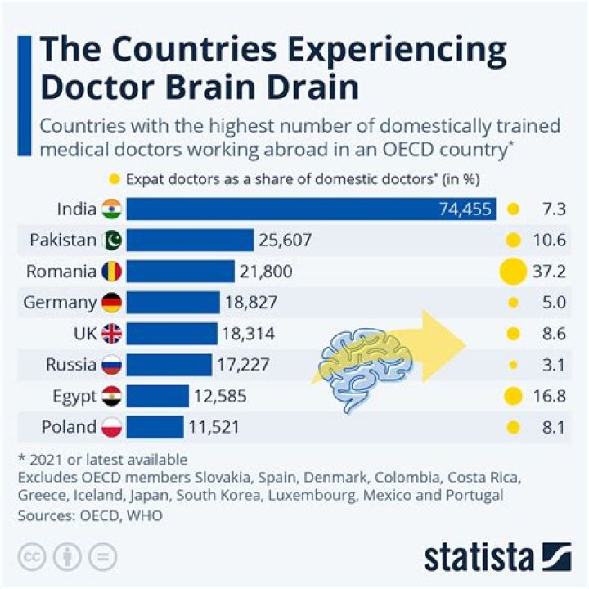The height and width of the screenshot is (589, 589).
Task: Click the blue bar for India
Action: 311,209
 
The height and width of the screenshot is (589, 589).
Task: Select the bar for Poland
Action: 155,426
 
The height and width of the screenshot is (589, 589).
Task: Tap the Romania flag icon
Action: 111,271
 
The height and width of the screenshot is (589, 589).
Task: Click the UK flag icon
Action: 111,333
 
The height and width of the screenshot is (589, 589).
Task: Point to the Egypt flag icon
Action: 111,396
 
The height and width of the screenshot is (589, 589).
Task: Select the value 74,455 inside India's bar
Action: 465,209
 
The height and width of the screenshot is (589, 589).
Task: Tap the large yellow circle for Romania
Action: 513,271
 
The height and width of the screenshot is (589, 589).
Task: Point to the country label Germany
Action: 60,303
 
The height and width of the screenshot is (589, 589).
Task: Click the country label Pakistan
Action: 63,240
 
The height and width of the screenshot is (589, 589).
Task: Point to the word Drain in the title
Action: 303,88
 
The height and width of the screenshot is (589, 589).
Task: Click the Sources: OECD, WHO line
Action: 90,515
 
